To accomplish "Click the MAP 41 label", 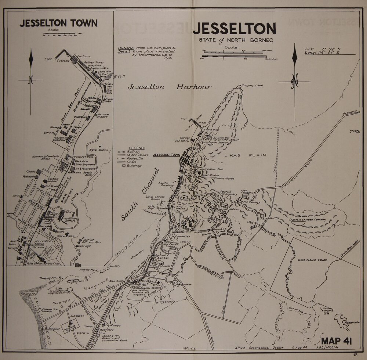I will click(337, 341).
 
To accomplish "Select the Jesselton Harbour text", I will click(169, 87).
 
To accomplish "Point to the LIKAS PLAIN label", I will click(245, 155).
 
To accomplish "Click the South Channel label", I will click(140, 195).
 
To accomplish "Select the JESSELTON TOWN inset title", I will click(59, 23).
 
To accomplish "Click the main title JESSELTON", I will click(234, 29).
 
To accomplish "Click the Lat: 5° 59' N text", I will click(318, 48).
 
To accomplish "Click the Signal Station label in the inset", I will click(98, 150).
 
